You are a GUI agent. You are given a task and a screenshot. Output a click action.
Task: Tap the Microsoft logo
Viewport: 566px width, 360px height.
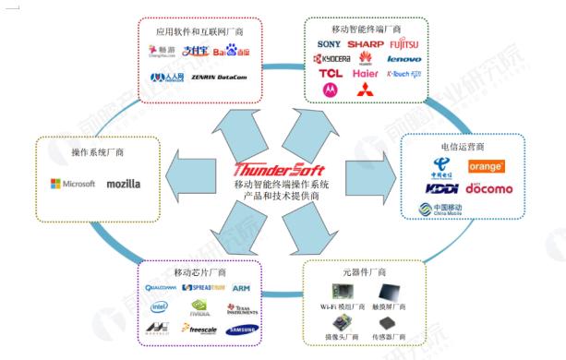coord(73,184)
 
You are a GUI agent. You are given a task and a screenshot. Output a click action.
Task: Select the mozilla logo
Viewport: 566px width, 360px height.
coord(124,184)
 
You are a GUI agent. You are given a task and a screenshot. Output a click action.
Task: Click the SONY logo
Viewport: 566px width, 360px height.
coord(330,43)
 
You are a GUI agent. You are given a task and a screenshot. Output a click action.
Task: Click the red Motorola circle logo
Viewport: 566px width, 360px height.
coord(330,90)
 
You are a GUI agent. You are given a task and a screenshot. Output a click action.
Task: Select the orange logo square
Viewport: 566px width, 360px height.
coord(486,167)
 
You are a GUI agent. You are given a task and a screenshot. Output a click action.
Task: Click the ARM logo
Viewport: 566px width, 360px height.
coord(241,288)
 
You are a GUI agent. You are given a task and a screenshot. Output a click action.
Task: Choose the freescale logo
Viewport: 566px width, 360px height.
coord(199,328)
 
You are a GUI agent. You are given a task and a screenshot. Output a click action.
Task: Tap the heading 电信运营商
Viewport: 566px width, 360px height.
coord(471,146)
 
